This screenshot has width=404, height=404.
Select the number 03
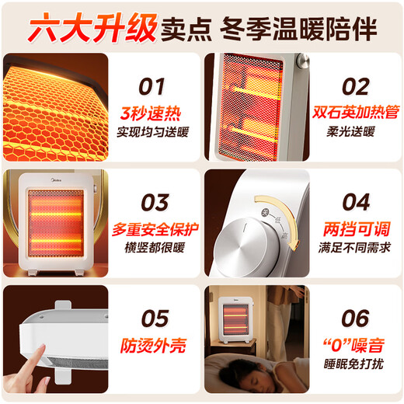pyautogui.click(x=153, y=202)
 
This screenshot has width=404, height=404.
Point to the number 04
pyautogui.click(x=356, y=202)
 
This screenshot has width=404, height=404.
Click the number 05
pyautogui.click(x=153, y=318)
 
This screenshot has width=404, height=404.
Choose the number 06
pyautogui.click(x=356, y=318)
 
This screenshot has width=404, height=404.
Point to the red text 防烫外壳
pyautogui.click(x=153, y=345)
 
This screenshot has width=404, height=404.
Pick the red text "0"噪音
pyautogui.click(x=356, y=345)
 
